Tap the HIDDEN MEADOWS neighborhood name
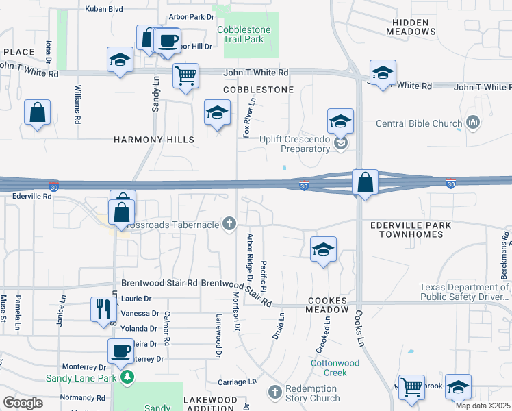411,27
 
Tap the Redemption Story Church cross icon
274,392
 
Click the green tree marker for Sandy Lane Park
126,377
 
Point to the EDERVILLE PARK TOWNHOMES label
420,229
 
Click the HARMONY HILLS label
154,140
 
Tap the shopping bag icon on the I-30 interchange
365,183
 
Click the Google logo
23,402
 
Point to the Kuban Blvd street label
103,9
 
